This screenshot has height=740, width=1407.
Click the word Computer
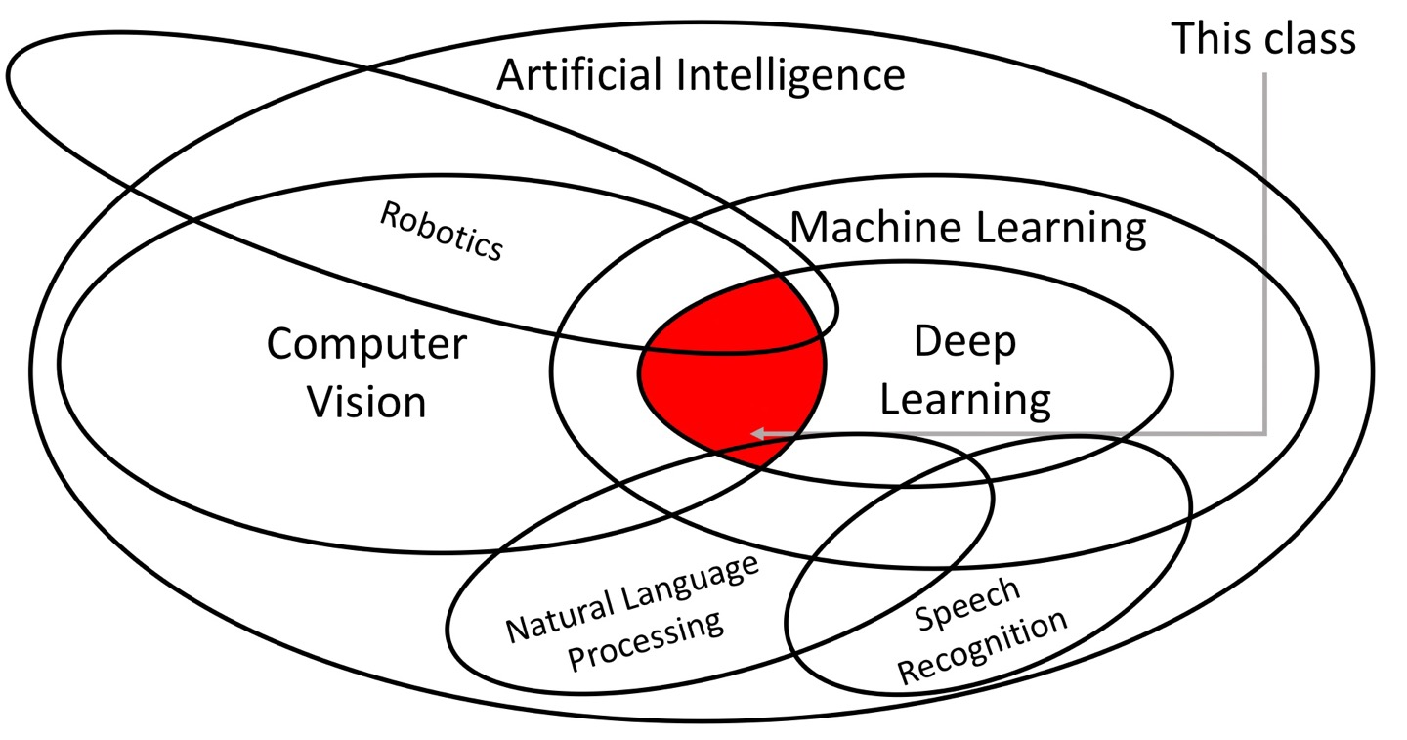366,344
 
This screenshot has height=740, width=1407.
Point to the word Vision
367,402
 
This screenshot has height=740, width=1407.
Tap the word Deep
964,342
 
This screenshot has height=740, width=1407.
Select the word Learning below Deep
965,400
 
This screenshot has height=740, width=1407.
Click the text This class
1262,38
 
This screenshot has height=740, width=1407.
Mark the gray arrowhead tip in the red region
753,433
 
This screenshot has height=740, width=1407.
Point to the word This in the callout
1207,38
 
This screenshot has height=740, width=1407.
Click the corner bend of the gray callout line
1264,433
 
